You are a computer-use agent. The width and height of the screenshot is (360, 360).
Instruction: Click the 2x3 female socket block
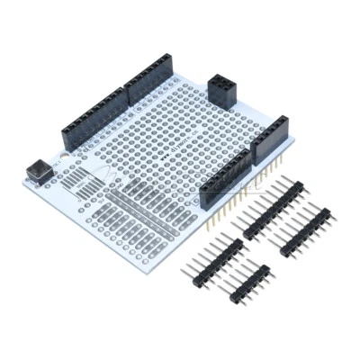pyautogui.click(x=221, y=90)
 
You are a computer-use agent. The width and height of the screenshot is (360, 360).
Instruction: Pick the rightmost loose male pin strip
pyautogui.click(x=305, y=233)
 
